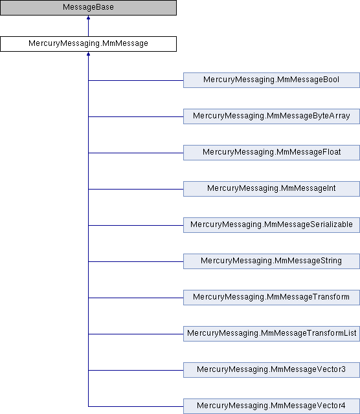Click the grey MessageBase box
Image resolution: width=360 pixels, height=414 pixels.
[88, 7]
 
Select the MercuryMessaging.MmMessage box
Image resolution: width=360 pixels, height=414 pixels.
[88, 44]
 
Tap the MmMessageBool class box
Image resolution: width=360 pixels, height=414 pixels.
[271, 80]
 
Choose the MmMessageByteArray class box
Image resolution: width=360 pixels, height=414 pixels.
[271, 116]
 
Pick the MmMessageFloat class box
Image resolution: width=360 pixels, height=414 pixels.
[271, 153]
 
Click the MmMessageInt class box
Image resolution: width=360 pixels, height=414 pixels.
[271, 188]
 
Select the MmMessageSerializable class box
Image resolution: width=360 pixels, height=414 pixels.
[271, 225]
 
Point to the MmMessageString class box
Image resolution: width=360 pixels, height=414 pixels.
[271, 261]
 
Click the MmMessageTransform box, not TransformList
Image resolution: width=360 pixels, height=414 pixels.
[271, 298]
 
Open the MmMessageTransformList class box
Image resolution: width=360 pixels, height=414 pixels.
[271, 334]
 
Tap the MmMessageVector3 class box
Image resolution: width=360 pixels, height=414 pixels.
[271, 369]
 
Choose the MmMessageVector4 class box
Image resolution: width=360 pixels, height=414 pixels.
[271, 406]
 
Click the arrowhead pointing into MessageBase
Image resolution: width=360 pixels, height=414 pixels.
[88, 17]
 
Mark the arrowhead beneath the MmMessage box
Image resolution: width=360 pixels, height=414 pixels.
[88, 54]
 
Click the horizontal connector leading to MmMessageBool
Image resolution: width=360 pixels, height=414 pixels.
[136, 80]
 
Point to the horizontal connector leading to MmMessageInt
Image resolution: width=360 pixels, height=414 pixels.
[136, 189]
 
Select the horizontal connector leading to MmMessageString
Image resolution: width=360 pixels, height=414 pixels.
[136, 261]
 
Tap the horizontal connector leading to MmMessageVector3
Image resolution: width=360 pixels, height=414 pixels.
[136, 370]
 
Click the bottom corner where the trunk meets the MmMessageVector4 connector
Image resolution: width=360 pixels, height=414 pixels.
[88, 406]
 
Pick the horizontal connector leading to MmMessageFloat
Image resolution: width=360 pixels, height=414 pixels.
[136, 153]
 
